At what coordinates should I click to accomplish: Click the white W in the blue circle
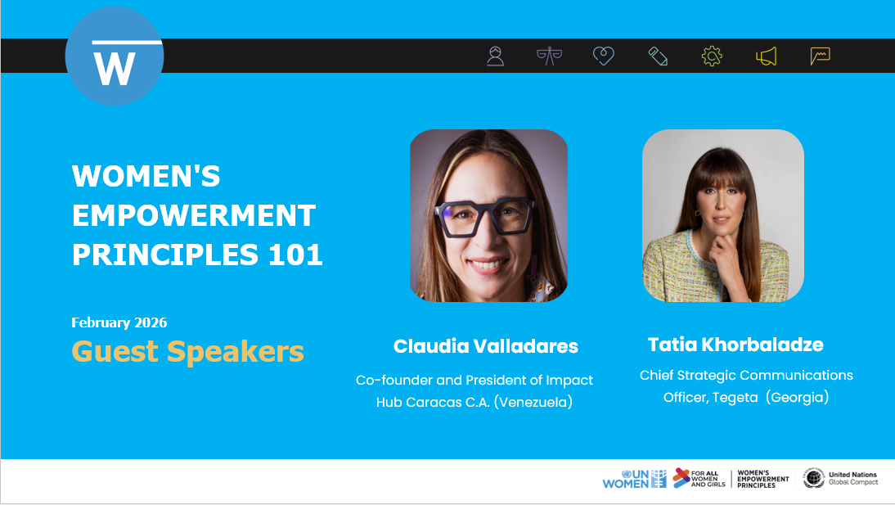click(114, 69)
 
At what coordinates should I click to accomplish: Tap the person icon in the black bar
click(495, 56)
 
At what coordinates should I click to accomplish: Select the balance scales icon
click(549, 56)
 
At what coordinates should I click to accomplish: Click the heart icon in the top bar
click(603, 56)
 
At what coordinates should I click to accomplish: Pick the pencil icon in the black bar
click(658, 56)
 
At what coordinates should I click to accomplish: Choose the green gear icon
click(712, 56)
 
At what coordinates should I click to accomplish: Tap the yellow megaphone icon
click(766, 56)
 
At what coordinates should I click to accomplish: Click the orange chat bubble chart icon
click(820, 56)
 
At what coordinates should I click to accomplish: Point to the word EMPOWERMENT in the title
click(194, 215)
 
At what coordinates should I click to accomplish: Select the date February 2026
click(119, 322)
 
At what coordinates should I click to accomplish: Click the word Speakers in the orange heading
click(236, 352)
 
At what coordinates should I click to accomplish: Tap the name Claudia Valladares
click(486, 346)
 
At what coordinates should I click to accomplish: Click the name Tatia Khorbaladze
click(735, 344)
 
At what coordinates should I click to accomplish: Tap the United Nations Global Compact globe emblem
click(813, 478)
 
